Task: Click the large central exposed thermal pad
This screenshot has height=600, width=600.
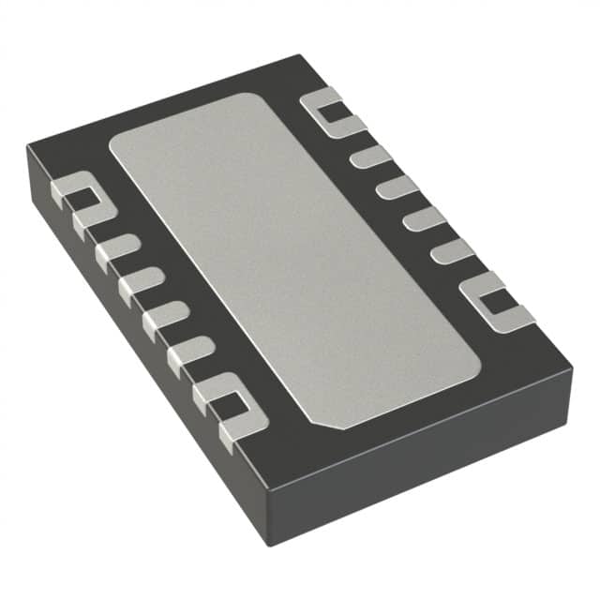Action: click(291, 258)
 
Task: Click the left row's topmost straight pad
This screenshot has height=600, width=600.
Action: click(117, 248)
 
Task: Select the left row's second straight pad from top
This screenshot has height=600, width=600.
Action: click(141, 277)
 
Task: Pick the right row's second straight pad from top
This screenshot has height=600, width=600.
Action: click(397, 187)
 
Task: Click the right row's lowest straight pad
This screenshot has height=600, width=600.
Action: click(452, 250)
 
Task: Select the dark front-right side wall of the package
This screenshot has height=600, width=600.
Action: click(422, 464)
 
